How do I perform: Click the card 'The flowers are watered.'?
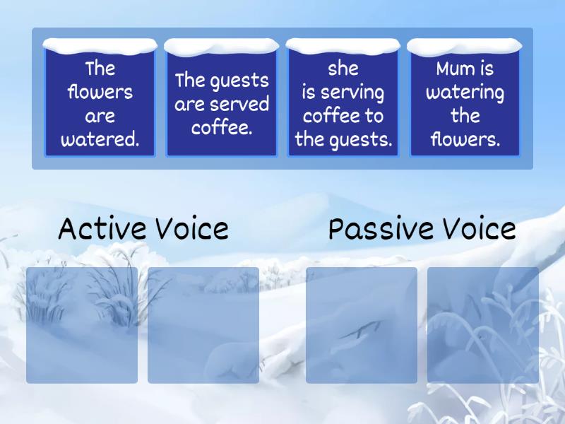tap(100, 104)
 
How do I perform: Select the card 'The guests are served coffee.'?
tap(222, 104)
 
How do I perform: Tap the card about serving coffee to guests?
tap(343, 104)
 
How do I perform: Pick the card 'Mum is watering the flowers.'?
tap(465, 104)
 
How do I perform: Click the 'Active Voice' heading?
tap(143, 229)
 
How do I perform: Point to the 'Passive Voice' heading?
tap(422, 229)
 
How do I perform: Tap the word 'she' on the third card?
tap(343, 69)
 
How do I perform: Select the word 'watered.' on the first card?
tap(100, 139)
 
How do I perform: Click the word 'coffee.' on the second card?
tap(222, 128)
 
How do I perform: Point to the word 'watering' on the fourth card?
tap(465, 93)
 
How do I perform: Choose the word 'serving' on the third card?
tap(352, 93)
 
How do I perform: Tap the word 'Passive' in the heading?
tap(381, 229)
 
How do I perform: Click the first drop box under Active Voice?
tap(82, 325)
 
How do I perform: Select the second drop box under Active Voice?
tap(203, 325)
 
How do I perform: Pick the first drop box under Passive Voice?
tap(362, 325)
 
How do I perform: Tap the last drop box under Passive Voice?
tap(483, 325)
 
